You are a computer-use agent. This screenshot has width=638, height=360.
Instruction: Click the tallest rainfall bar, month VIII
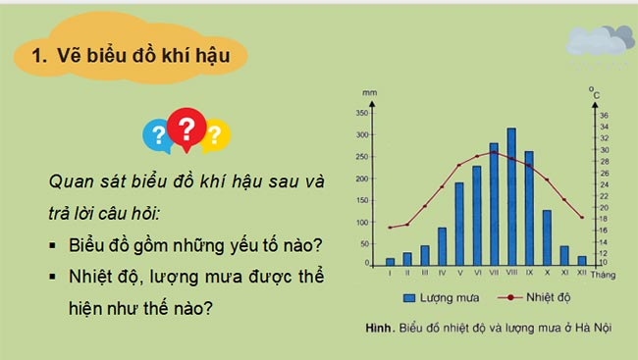coord(511,197)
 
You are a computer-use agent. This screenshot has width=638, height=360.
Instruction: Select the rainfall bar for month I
coord(390,262)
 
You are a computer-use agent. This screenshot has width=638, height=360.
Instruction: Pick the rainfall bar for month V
coord(459,225)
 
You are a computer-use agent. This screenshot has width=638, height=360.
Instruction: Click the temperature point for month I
coord(390,228)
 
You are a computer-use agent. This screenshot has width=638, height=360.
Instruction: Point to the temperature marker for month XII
coord(582,217)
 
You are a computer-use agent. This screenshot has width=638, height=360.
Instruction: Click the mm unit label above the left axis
coord(369,93)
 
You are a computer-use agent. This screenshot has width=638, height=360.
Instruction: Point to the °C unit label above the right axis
coord(595,92)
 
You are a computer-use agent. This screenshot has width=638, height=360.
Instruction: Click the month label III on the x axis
coord(424,274)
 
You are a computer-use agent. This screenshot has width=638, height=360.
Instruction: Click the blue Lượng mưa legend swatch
coord(406,296)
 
